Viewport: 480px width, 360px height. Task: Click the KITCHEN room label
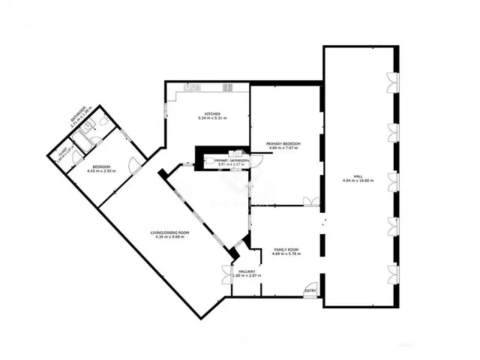[212, 113]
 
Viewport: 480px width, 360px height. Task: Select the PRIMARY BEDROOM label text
[283, 143]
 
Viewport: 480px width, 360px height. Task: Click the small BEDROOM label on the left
[101, 166]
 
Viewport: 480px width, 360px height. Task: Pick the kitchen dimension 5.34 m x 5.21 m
[212, 118]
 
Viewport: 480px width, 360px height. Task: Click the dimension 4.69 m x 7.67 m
[283, 148]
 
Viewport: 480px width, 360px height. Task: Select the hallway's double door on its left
[227, 275]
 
